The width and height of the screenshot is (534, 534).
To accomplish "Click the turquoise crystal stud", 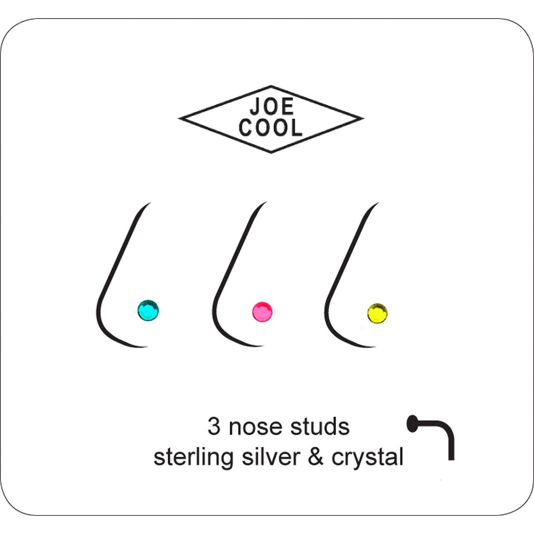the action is point(148,310).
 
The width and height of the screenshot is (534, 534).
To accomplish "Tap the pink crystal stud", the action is point(262,312).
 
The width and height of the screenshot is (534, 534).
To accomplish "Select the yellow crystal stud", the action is point(378,313).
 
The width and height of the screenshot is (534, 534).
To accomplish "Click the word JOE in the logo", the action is point(272,107).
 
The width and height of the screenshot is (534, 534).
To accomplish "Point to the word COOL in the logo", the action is point(270,128).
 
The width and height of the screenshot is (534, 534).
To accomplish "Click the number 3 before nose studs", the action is point(214,426).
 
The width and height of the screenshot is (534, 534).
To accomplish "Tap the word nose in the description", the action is point(256,428).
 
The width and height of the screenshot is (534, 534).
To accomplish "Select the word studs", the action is point(320,426).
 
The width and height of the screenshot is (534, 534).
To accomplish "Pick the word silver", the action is point(271,457).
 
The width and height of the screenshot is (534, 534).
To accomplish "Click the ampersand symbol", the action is point(316,457).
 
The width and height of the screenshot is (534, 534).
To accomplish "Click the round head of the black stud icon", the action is point(412,423).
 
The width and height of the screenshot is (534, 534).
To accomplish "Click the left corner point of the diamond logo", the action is point(179,118).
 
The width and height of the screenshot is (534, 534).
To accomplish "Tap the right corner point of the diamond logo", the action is point(364,119).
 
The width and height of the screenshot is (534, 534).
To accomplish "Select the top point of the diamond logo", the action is point(271,86).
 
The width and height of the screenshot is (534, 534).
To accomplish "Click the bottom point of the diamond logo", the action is point(271,153).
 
